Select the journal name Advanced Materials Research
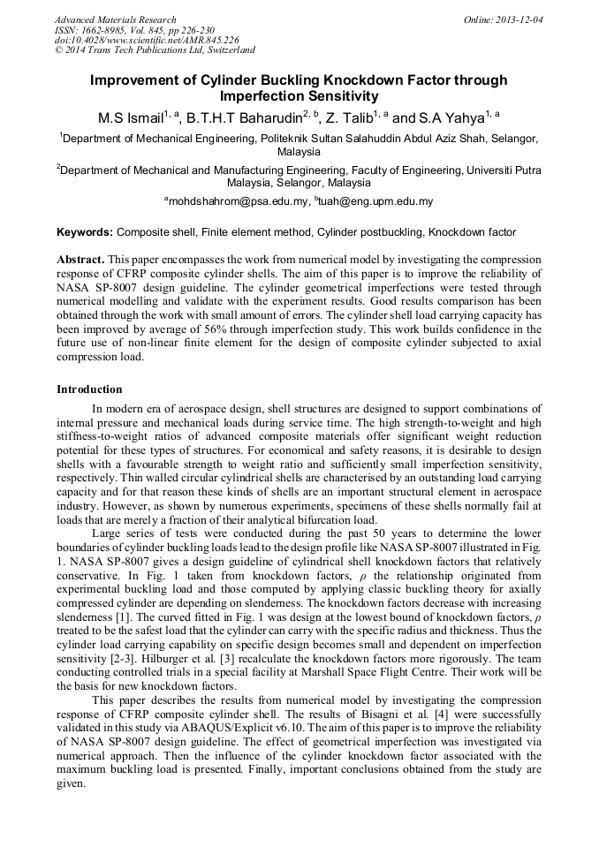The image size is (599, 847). pyautogui.click(x=115, y=19)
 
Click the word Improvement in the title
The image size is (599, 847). pyautogui.click(x=133, y=80)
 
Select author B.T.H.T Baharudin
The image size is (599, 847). pyautogui.click(x=245, y=117)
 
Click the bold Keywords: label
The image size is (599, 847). pyautogui.click(x=84, y=233)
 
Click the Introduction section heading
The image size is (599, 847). pyautogui.click(x=89, y=389)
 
